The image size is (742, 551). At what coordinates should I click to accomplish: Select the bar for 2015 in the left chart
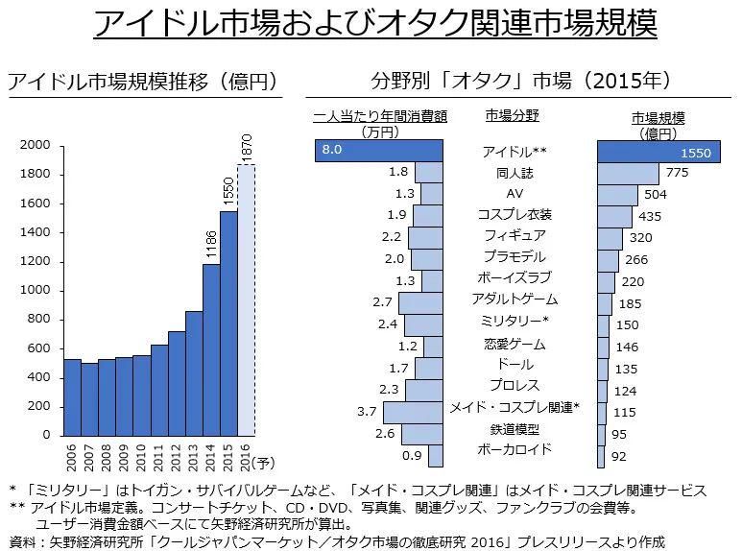point(228,323)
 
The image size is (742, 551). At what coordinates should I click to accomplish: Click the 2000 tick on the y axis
point(36,146)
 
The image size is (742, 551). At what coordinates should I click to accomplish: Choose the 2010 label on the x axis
point(142,456)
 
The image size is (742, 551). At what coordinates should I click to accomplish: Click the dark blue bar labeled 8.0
point(378,150)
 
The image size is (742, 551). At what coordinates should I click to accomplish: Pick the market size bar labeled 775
point(628,173)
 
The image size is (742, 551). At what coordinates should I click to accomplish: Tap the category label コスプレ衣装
point(515,214)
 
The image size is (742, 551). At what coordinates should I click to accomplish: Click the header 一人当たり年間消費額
point(380,117)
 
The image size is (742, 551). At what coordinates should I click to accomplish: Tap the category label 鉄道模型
point(515,429)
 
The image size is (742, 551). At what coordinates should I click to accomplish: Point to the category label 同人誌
point(515,174)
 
